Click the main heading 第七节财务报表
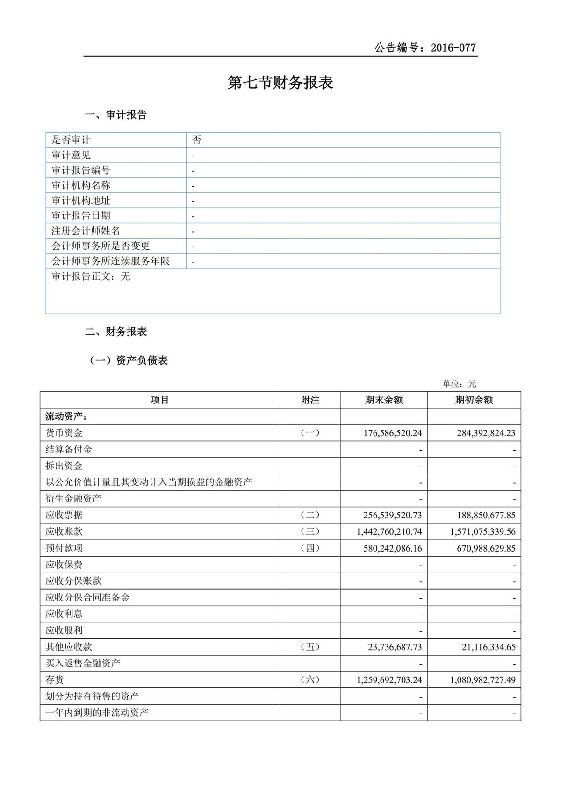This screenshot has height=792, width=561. click(x=280, y=83)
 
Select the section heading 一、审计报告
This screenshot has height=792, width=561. click(x=116, y=115)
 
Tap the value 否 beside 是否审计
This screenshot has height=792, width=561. click(x=197, y=140)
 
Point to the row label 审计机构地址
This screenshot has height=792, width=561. click(x=81, y=201)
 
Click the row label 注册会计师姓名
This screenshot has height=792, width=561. click(x=86, y=231)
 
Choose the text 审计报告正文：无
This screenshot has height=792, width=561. click(x=91, y=276)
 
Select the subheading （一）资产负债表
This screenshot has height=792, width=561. click(x=128, y=361)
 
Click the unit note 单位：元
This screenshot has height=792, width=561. click(x=459, y=384)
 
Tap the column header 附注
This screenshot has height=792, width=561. click(x=310, y=400)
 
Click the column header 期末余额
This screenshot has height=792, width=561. click(x=383, y=400)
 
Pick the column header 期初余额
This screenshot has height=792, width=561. click(x=474, y=400)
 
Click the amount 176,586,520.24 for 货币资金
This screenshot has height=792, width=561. click(x=392, y=433)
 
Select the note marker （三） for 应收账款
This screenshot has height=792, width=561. click(x=310, y=531)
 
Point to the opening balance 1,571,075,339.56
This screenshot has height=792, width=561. click(x=482, y=532)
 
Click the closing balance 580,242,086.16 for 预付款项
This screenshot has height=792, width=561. click(x=392, y=548)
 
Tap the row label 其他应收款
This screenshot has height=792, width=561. click(x=69, y=647)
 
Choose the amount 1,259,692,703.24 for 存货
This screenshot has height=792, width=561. click(x=389, y=680)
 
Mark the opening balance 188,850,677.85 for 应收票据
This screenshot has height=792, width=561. click(x=486, y=516)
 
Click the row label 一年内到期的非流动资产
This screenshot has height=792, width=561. click(x=97, y=713)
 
